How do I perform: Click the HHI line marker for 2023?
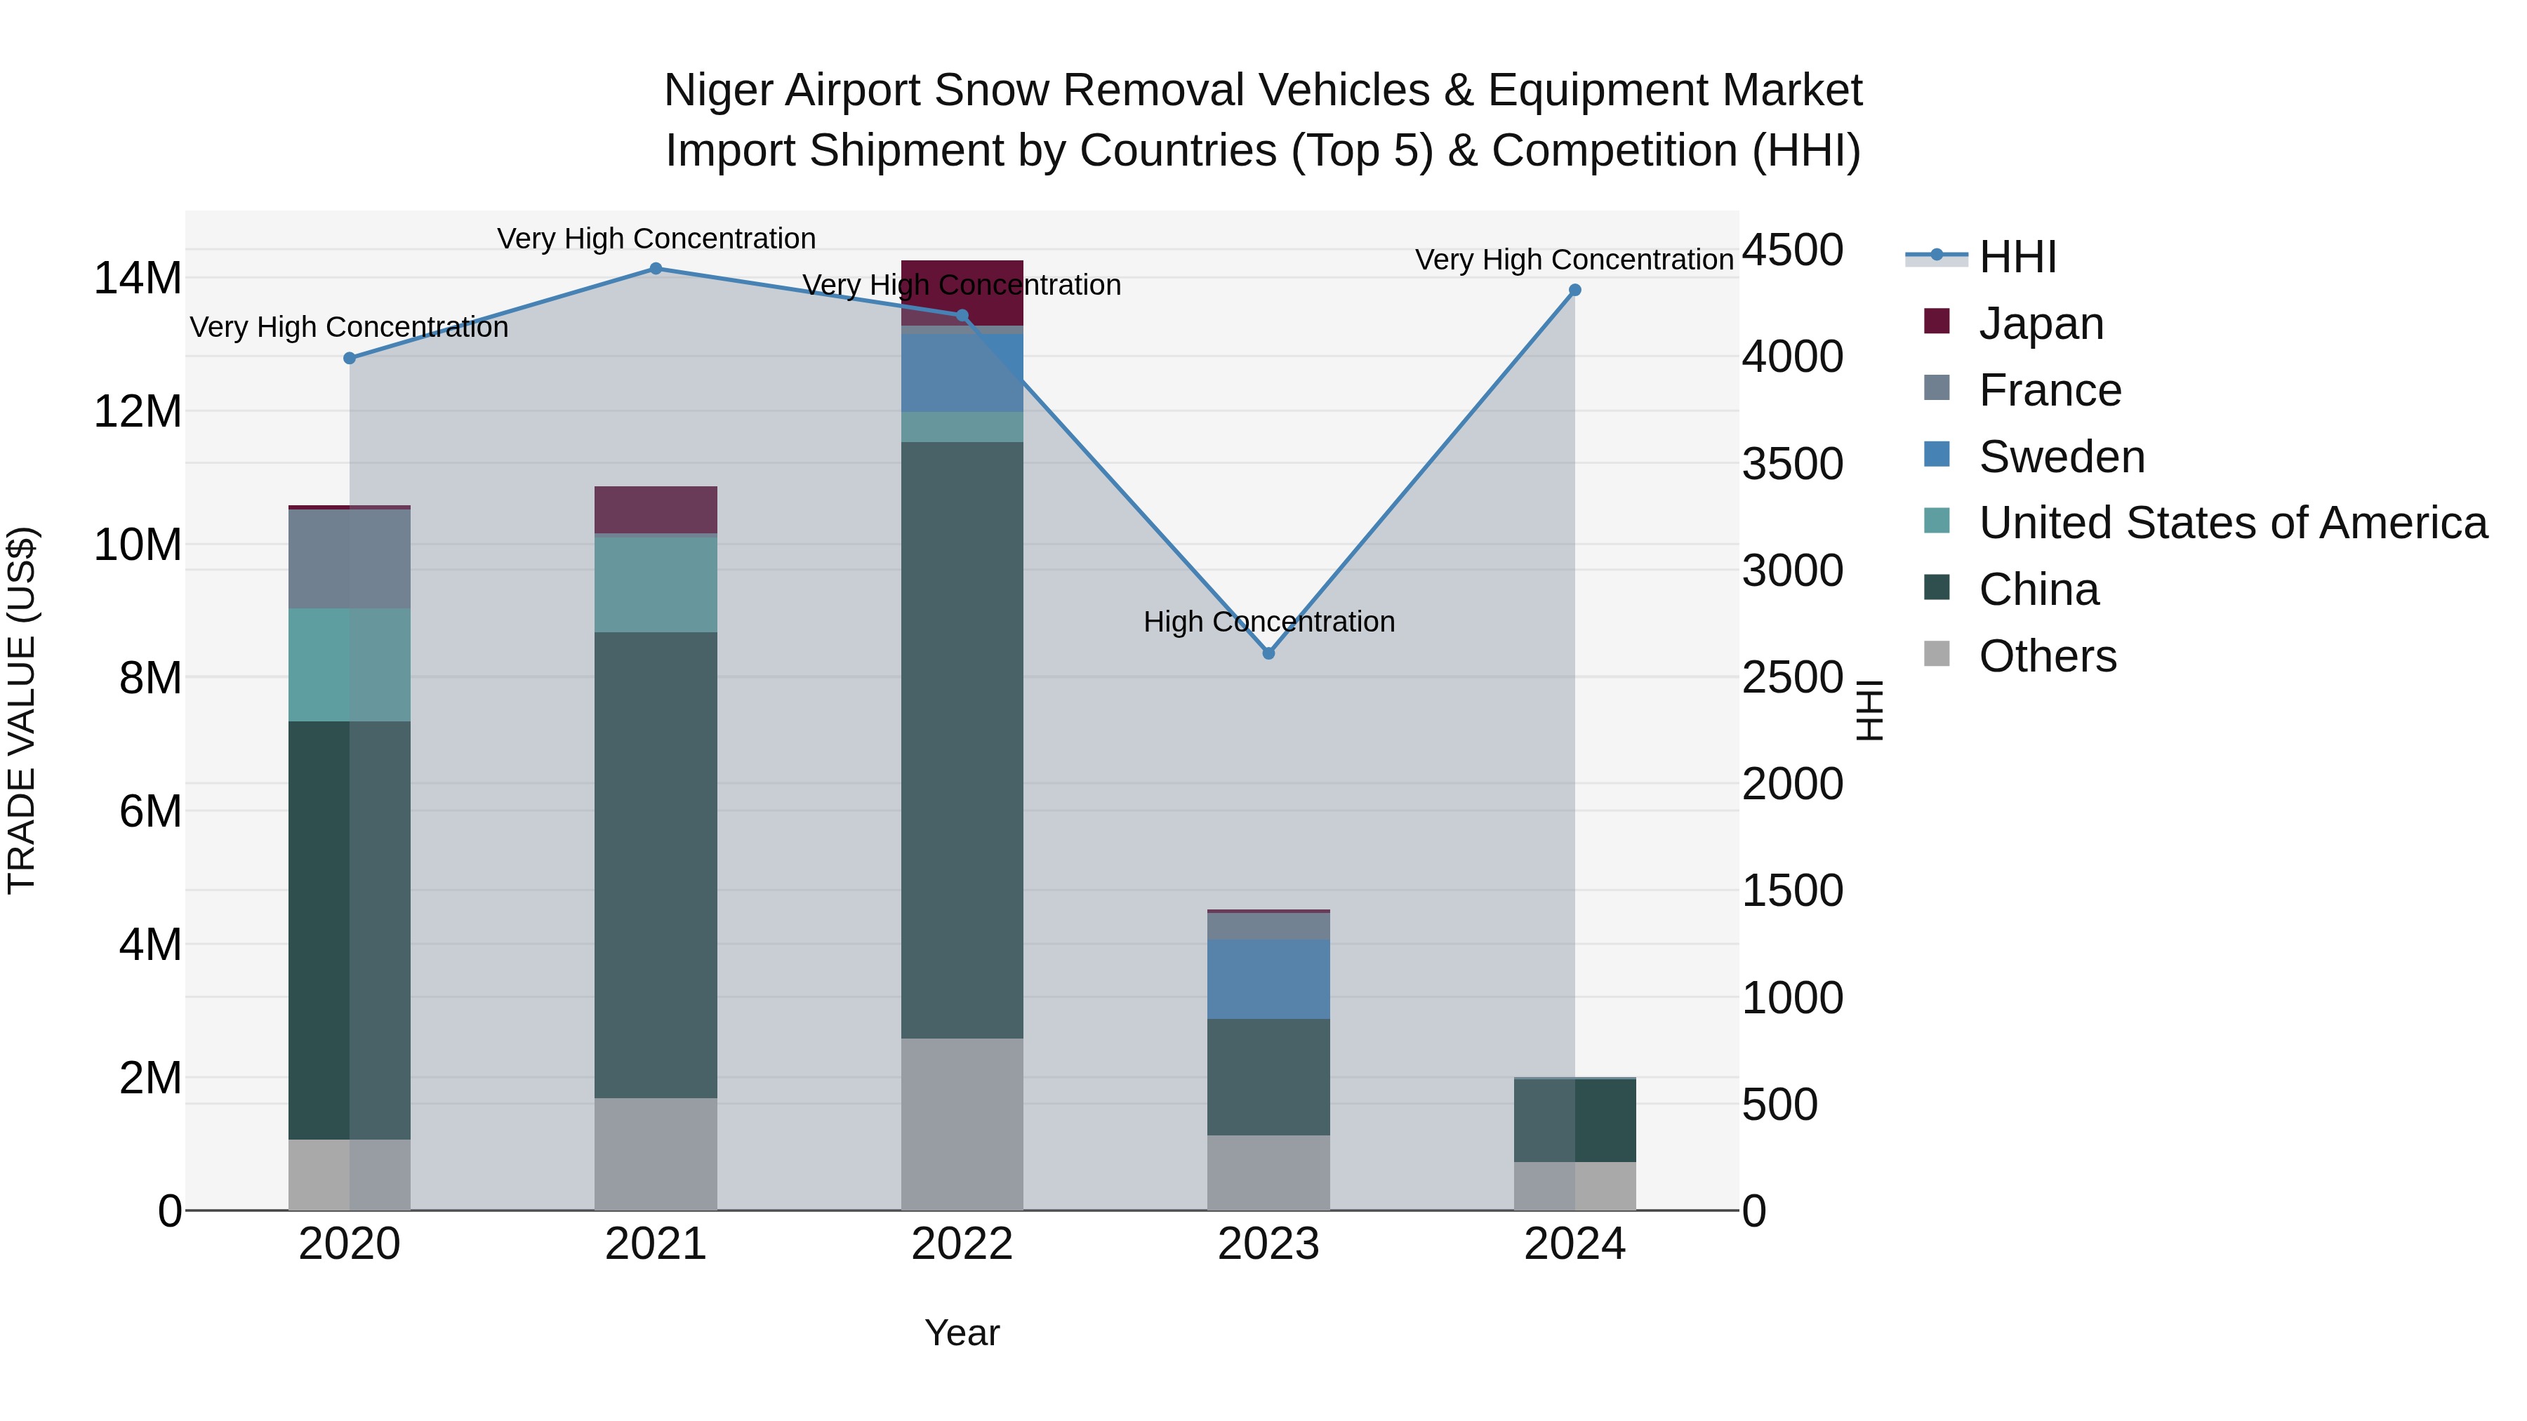pyautogui.click(x=1268, y=653)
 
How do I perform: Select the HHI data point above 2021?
pyautogui.click(x=656, y=269)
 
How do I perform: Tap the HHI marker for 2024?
pyautogui.click(x=1574, y=291)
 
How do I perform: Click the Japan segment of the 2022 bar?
pyautogui.click(x=962, y=291)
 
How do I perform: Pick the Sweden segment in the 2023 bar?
pyautogui.click(x=1268, y=979)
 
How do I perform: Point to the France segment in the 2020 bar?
pyautogui.click(x=350, y=559)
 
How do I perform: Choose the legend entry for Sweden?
pyautogui.click(x=2060, y=457)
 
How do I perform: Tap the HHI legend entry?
pyautogui.click(x=2016, y=257)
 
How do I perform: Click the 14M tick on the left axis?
pyautogui.click(x=138, y=279)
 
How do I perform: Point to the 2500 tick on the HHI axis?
pyautogui.click(x=1792, y=678)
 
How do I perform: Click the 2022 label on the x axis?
pyautogui.click(x=962, y=1244)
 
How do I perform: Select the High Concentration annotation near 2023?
pyautogui.click(x=1268, y=622)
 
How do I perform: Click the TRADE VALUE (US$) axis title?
pyautogui.click(x=22, y=710)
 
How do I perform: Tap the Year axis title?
pyautogui.click(x=962, y=1333)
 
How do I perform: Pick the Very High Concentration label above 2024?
pyautogui.click(x=1574, y=260)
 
